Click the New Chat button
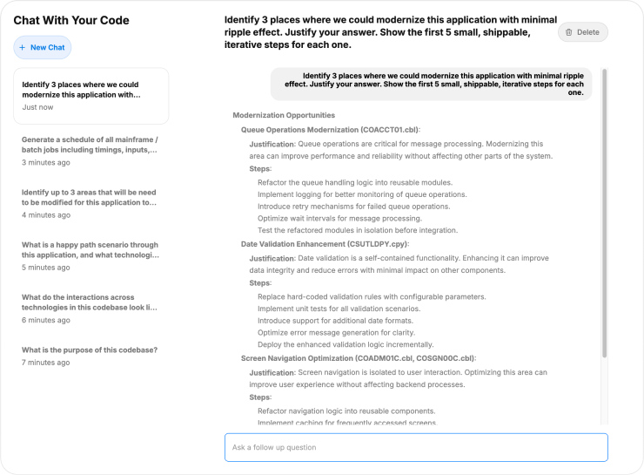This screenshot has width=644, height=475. (x=43, y=47)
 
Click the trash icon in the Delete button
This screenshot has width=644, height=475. (x=569, y=32)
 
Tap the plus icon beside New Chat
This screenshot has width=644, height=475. (x=23, y=47)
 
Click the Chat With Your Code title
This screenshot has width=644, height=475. (x=71, y=20)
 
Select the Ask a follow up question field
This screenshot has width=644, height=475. (x=416, y=447)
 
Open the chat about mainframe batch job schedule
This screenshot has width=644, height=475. (x=91, y=145)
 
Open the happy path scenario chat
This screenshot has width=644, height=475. (x=91, y=250)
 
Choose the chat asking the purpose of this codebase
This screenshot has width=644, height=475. (x=91, y=349)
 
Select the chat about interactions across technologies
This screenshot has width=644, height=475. (x=91, y=302)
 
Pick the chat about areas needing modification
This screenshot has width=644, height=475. (x=91, y=197)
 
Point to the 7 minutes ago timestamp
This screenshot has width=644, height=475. (x=46, y=362)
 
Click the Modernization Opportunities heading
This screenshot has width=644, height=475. (x=284, y=115)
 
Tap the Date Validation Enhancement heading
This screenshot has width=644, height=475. (x=321, y=244)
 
